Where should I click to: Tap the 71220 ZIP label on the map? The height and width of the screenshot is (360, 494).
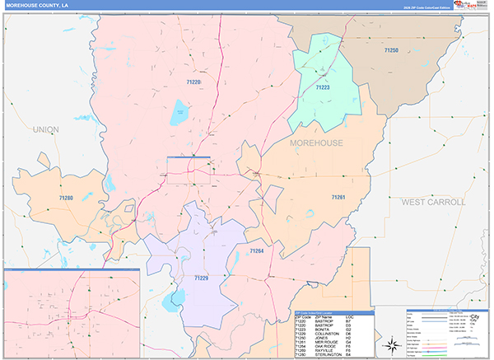pyautogui.click(x=193, y=82)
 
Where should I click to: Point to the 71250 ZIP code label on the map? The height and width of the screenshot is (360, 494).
pyautogui.click(x=390, y=51)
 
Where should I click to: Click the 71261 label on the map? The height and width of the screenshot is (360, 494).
pyautogui.click(x=338, y=198)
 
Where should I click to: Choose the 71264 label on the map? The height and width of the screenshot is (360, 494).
pyautogui.click(x=256, y=250)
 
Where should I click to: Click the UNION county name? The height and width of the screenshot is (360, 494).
pyautogui.click(x=46, y=130)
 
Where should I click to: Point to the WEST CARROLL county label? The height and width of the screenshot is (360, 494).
pyautogui.click(x=433, y=202)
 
